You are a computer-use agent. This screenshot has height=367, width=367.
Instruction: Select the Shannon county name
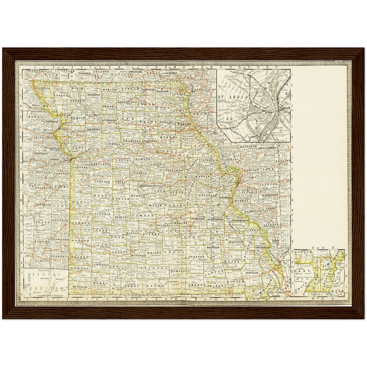coord(197,257)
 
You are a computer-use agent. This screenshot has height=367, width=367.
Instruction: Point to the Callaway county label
coord(174,171)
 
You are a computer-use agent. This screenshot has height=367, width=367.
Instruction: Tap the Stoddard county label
coord(252,273)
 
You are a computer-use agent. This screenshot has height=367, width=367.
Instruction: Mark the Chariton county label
coord(132,141)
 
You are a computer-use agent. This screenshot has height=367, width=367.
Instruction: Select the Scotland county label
coord(162,91)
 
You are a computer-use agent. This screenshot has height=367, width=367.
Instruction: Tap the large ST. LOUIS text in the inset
coord(233,97)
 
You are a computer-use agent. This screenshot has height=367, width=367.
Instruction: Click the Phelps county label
coord(181,223)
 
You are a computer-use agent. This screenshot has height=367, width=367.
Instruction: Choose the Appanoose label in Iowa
coord(135,72)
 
